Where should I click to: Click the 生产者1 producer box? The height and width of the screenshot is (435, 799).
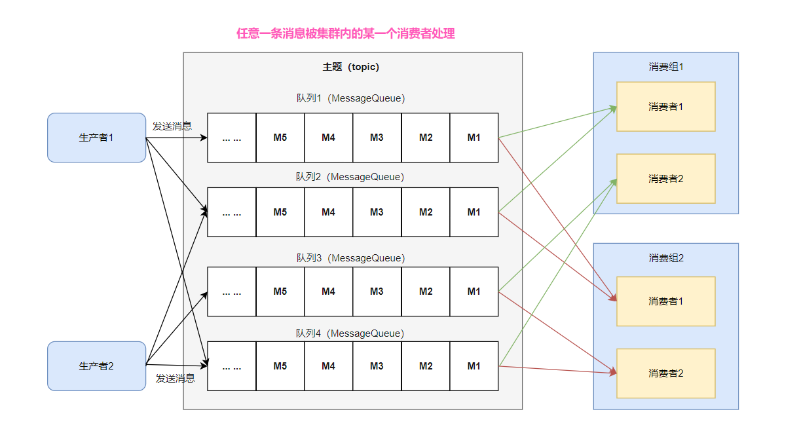coord(96,138)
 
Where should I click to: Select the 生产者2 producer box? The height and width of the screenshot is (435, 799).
coord(96,366)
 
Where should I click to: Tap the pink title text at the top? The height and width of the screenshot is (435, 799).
coord(345,33)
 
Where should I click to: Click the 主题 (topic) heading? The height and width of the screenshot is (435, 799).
coord(352,67)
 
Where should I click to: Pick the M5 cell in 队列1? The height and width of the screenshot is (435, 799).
coord(280,138)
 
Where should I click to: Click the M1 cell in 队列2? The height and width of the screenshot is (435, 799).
coord(474,212)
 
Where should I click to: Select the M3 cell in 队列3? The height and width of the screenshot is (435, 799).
coord(377,292)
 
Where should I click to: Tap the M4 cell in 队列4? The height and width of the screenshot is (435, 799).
coord(329,366)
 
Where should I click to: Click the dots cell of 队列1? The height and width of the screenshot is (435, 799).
coord(232,138)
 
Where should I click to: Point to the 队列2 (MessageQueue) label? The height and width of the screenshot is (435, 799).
coord(350,177)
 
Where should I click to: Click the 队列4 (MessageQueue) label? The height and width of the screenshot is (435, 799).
coord(350,333)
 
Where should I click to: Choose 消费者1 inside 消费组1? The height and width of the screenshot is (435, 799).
coord(665,107)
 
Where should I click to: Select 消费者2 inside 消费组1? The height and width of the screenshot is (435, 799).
coord(665,178)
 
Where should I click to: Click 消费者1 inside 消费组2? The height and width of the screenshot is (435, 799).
coord(665,301)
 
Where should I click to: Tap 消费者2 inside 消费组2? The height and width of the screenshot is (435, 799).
coord(665,373)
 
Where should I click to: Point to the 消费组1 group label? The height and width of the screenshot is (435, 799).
coord(665,67)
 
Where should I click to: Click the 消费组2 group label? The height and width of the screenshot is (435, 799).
coord(665,257)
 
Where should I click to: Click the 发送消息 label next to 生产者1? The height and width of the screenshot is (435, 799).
coord(172,126)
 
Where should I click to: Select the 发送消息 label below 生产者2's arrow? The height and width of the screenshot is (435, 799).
coord(175,378)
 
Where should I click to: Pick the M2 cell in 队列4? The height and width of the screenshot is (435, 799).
coord(426,366)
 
